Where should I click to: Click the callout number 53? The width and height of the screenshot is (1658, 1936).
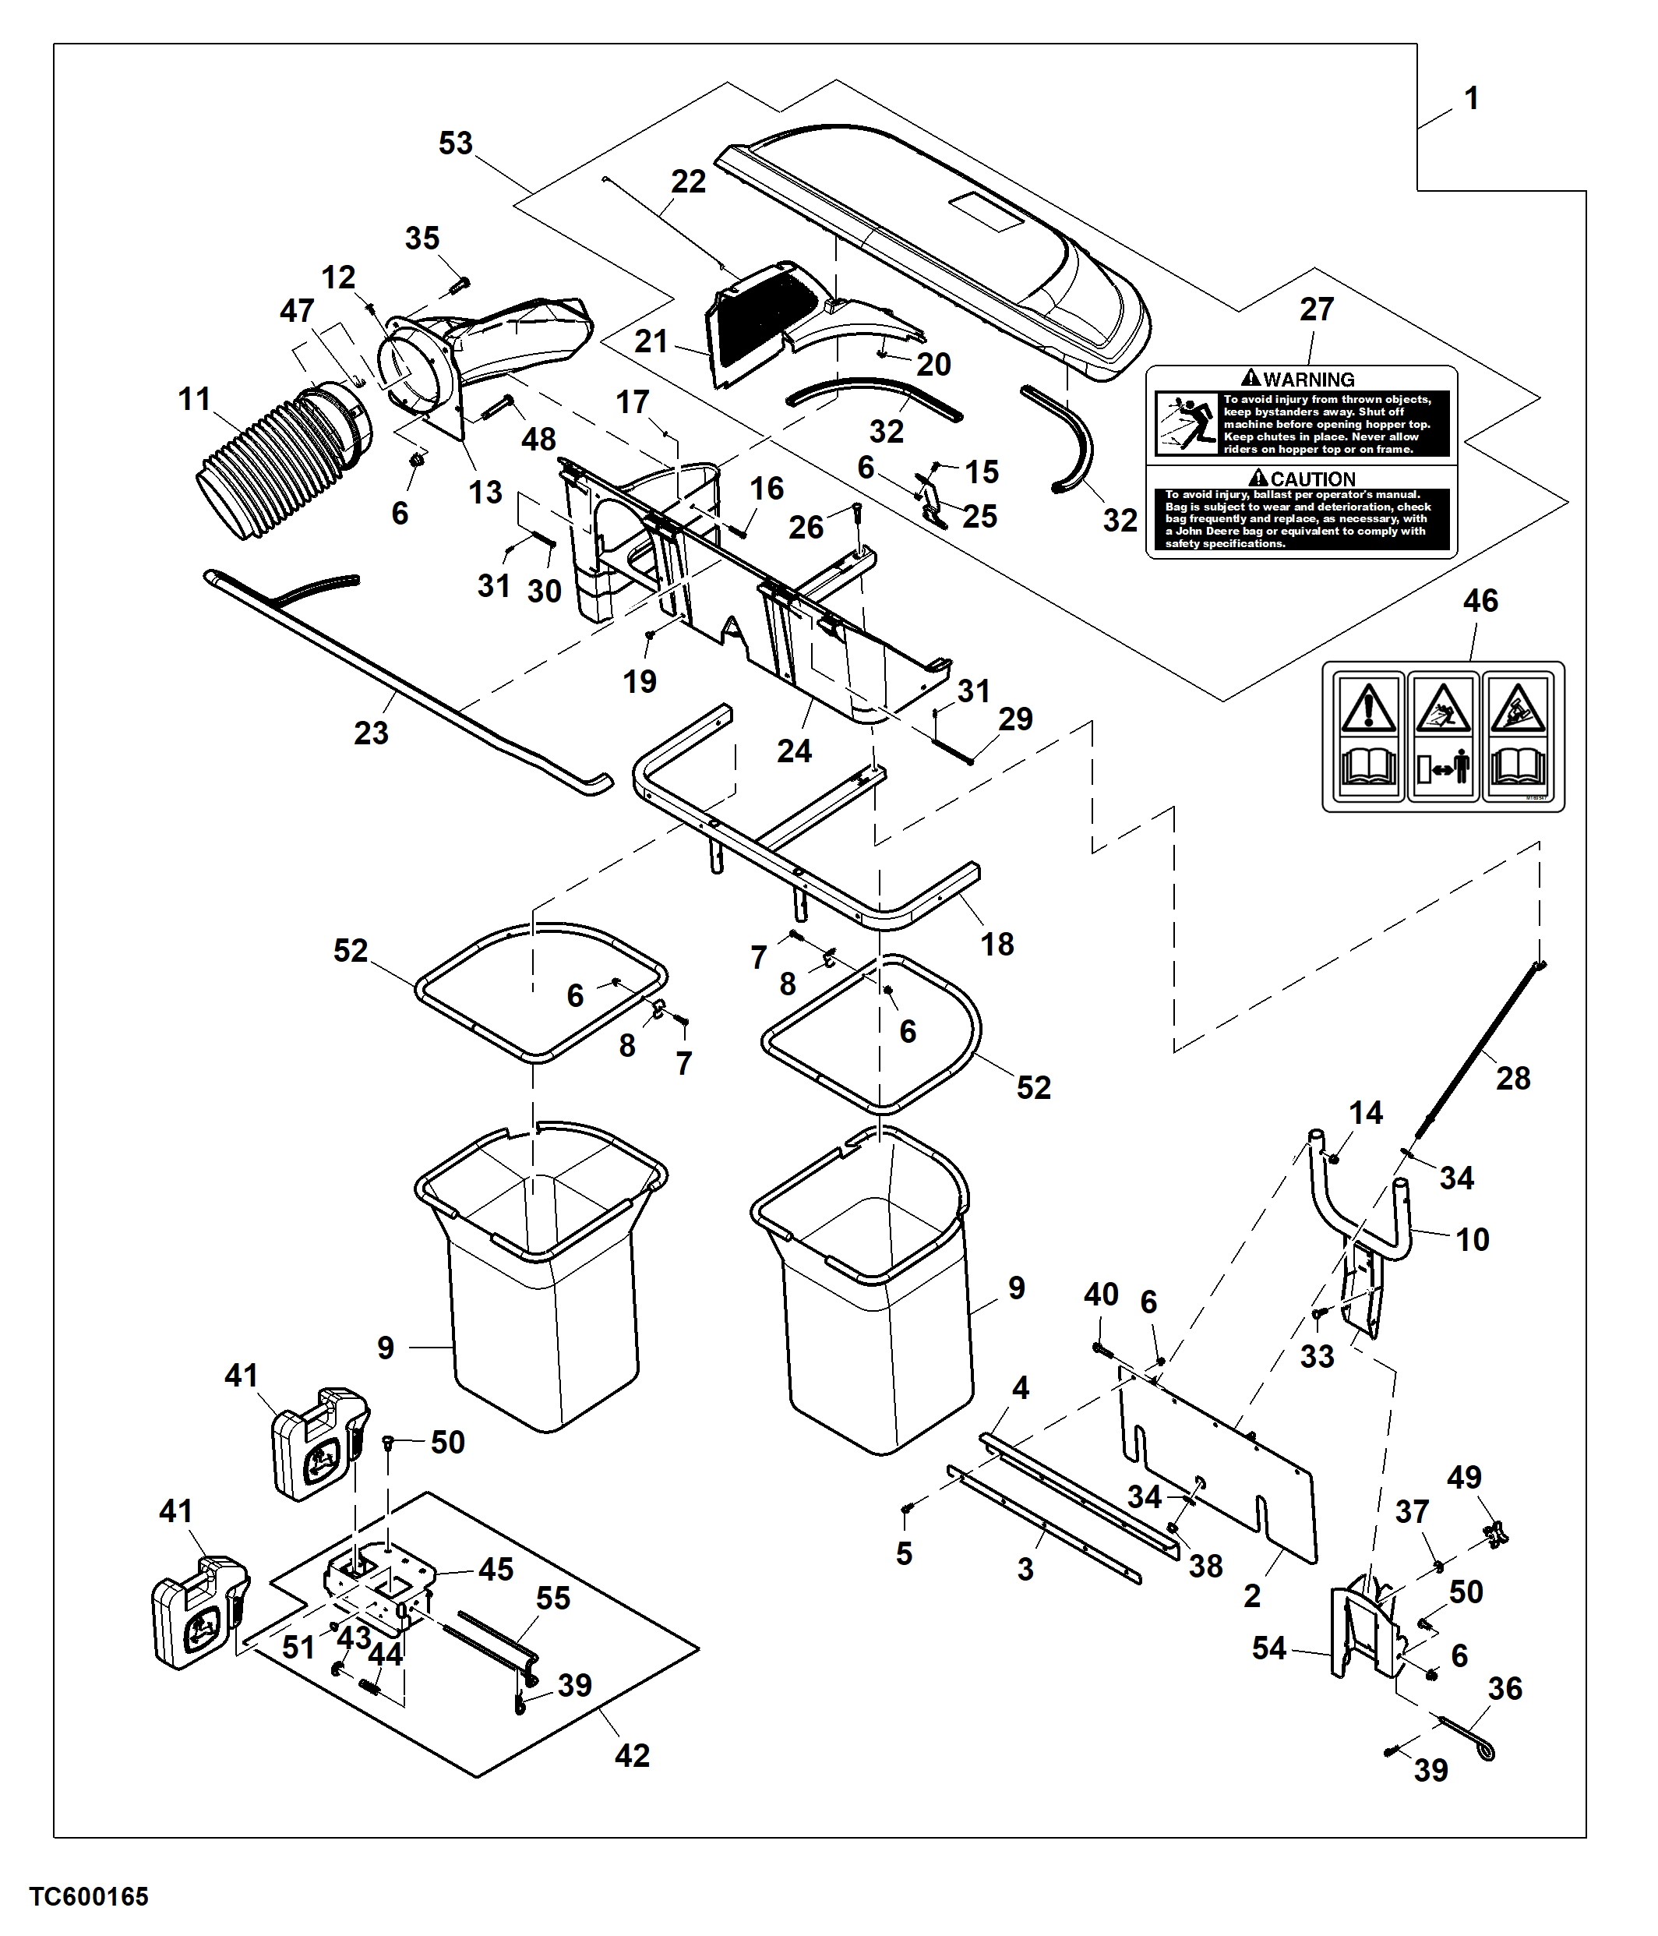point(456,144)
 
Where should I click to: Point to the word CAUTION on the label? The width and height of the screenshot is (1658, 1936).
point(1312,479)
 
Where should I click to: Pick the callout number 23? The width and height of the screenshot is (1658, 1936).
point(371,733)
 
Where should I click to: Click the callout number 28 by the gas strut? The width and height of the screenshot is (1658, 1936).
point(1513,1078)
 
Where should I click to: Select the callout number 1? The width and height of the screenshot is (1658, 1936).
point(1471,98)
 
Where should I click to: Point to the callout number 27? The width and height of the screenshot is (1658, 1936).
point(1316,309)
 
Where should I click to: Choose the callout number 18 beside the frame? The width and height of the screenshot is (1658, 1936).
point(997,944)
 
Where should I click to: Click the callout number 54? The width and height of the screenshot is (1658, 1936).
point(1269,1648)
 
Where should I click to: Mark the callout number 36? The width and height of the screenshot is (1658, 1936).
point(1505,1687)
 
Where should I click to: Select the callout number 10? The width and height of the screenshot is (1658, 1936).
point(1472,1240)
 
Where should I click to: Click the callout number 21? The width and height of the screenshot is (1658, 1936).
point(651,342)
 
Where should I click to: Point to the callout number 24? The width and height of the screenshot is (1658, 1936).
point(794,751)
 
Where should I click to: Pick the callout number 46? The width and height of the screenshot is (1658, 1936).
point(1480,601)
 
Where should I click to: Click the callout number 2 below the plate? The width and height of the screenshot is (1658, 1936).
point(1251,1595)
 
